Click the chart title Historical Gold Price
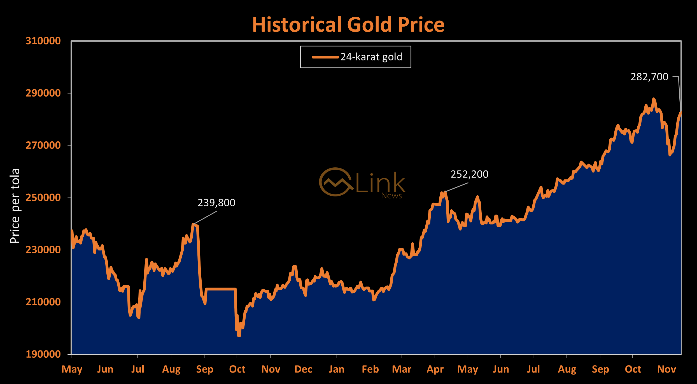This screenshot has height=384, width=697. [x=348, y=25]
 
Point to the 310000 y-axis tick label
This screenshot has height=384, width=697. [x=43, y=41]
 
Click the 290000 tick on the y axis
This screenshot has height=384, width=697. [x=43, y=93]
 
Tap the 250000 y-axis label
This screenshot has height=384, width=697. [x=43, y=197]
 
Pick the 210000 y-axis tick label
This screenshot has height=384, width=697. [x=43, y=302]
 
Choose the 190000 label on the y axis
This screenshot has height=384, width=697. [x=43, y=354]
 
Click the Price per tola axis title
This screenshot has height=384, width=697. [x=15, y=206]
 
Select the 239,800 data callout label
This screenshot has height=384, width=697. [x=216, y=203]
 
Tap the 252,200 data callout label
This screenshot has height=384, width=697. [x=469, y=174]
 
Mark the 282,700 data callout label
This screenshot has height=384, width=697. [x=649, y=77]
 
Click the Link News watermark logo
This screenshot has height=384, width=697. [x=362, y=183]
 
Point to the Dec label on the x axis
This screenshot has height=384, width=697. [x=303, y=369]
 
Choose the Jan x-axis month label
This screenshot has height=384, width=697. [x=336, y=369]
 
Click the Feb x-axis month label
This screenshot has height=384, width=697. [x=370, y=369]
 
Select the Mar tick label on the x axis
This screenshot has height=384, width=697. [x=402, y=369]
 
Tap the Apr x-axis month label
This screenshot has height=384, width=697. [x=435, y=369]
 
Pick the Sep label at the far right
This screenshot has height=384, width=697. [x=600, y=369]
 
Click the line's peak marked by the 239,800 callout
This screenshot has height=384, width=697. [x=193, y=224]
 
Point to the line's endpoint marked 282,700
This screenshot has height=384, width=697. [x=681, y=112]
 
